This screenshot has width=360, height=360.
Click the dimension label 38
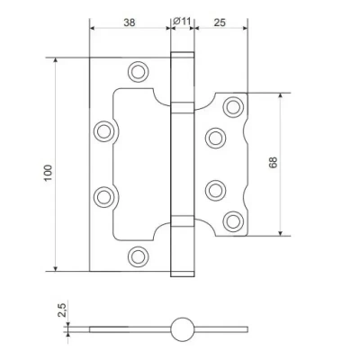[x=130, y=22]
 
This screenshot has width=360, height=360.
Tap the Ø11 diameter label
[x=182, y=22]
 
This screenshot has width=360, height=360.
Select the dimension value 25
[x=220, y=22]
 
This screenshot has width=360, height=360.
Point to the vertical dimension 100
[x=49, y=173]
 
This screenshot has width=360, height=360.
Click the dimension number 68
[x=274, y=162]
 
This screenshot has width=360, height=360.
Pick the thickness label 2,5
[x=62, y=310]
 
